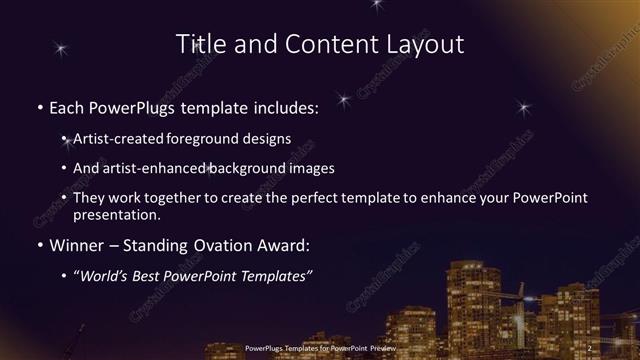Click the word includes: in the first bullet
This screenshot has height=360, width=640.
tap(281, 105)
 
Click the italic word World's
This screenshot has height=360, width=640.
tap(108, 272)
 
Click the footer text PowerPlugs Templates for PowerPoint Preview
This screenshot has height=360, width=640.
tap(320, 348)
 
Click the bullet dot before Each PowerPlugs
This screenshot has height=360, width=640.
tap(39, 106)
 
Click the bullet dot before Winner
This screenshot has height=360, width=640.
tap(39, 244)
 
